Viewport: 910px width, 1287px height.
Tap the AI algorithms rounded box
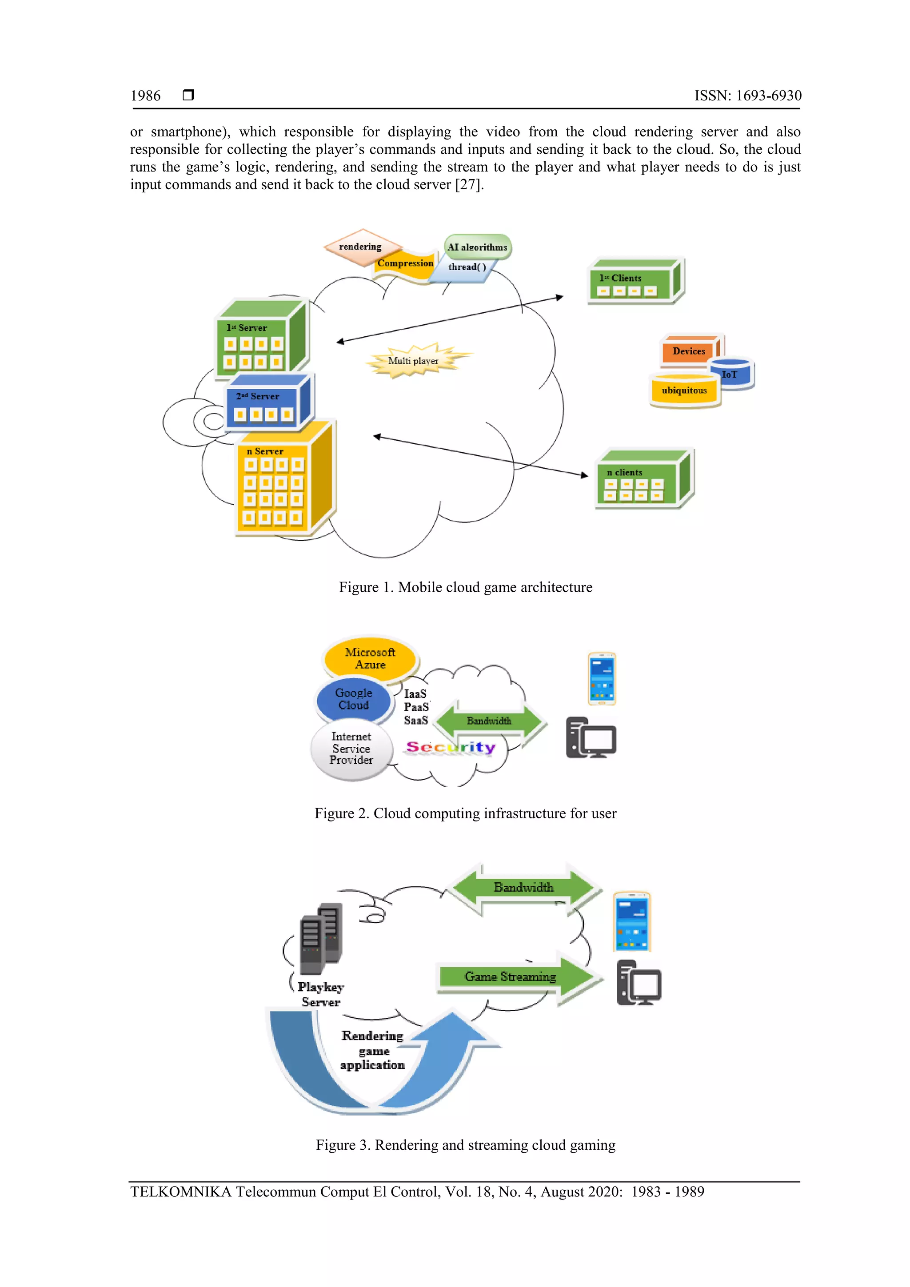point(478,247)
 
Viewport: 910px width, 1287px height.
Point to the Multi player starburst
point(415,360)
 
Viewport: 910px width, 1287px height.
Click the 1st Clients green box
point(633,283)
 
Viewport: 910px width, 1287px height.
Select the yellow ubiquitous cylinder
point(684,390)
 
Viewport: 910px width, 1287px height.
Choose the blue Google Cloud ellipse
point(353,700)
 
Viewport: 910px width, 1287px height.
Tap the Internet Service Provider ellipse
point(351,749)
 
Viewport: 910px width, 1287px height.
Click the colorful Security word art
point(451,747)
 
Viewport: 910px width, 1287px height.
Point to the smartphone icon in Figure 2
point(602,679)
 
